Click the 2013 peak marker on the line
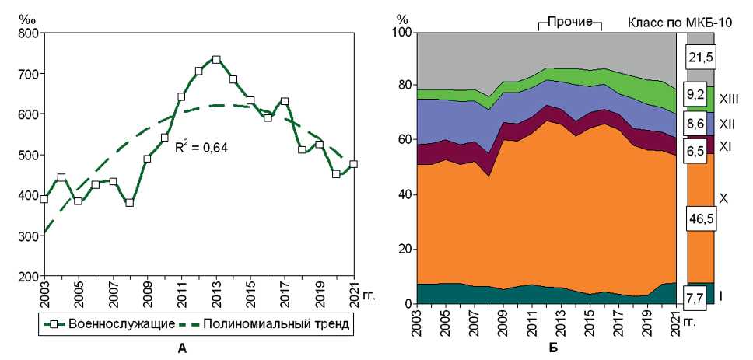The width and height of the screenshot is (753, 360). (216, 60)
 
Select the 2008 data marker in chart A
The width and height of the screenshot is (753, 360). (130, 202)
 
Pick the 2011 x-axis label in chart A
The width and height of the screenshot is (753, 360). (181, 295)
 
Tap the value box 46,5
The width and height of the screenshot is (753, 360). (699, 220)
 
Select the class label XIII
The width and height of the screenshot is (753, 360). (729, 99)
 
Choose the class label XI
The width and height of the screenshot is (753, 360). (725, 145)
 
